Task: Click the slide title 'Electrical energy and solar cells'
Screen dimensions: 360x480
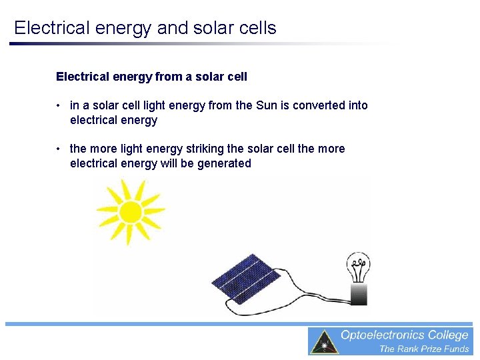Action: click(145, 28)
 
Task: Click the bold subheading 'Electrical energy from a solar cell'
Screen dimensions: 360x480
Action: click(151, 77)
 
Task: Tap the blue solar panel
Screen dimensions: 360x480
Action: click(247, 278)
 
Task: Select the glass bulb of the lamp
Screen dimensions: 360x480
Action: click(359, 267)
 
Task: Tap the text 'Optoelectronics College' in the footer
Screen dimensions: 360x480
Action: click(405, 335)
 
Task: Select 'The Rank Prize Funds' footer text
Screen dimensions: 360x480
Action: click(424, 349)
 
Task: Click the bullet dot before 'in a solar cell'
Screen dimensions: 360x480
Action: click(59, 105)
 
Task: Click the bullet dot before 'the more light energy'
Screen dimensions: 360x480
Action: click(59, 149)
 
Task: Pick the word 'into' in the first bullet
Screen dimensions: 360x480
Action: click(357, 105)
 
